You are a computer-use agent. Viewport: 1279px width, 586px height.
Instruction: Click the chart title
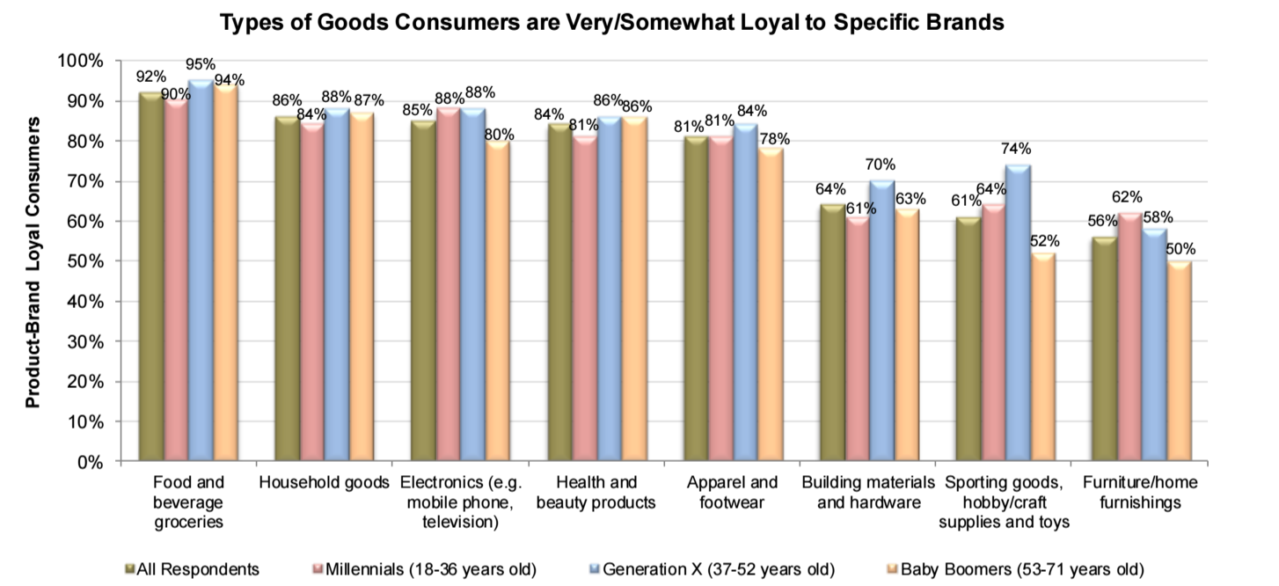pyautogui.click(x=611, y=23)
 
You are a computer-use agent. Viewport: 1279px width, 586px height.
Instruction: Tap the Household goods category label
pyautogui.click(x=324, y=483)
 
